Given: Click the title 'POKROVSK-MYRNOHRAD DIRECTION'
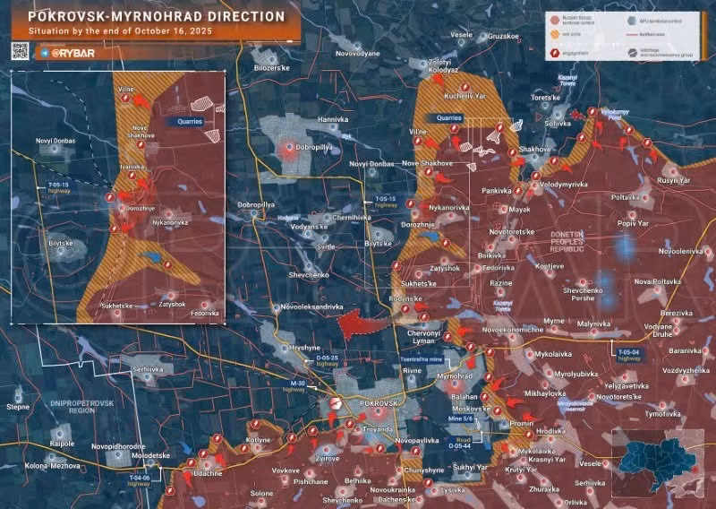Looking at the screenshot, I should [157, 16].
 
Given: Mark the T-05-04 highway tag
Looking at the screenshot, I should [629, 353].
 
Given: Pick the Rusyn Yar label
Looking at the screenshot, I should [674, 179].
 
